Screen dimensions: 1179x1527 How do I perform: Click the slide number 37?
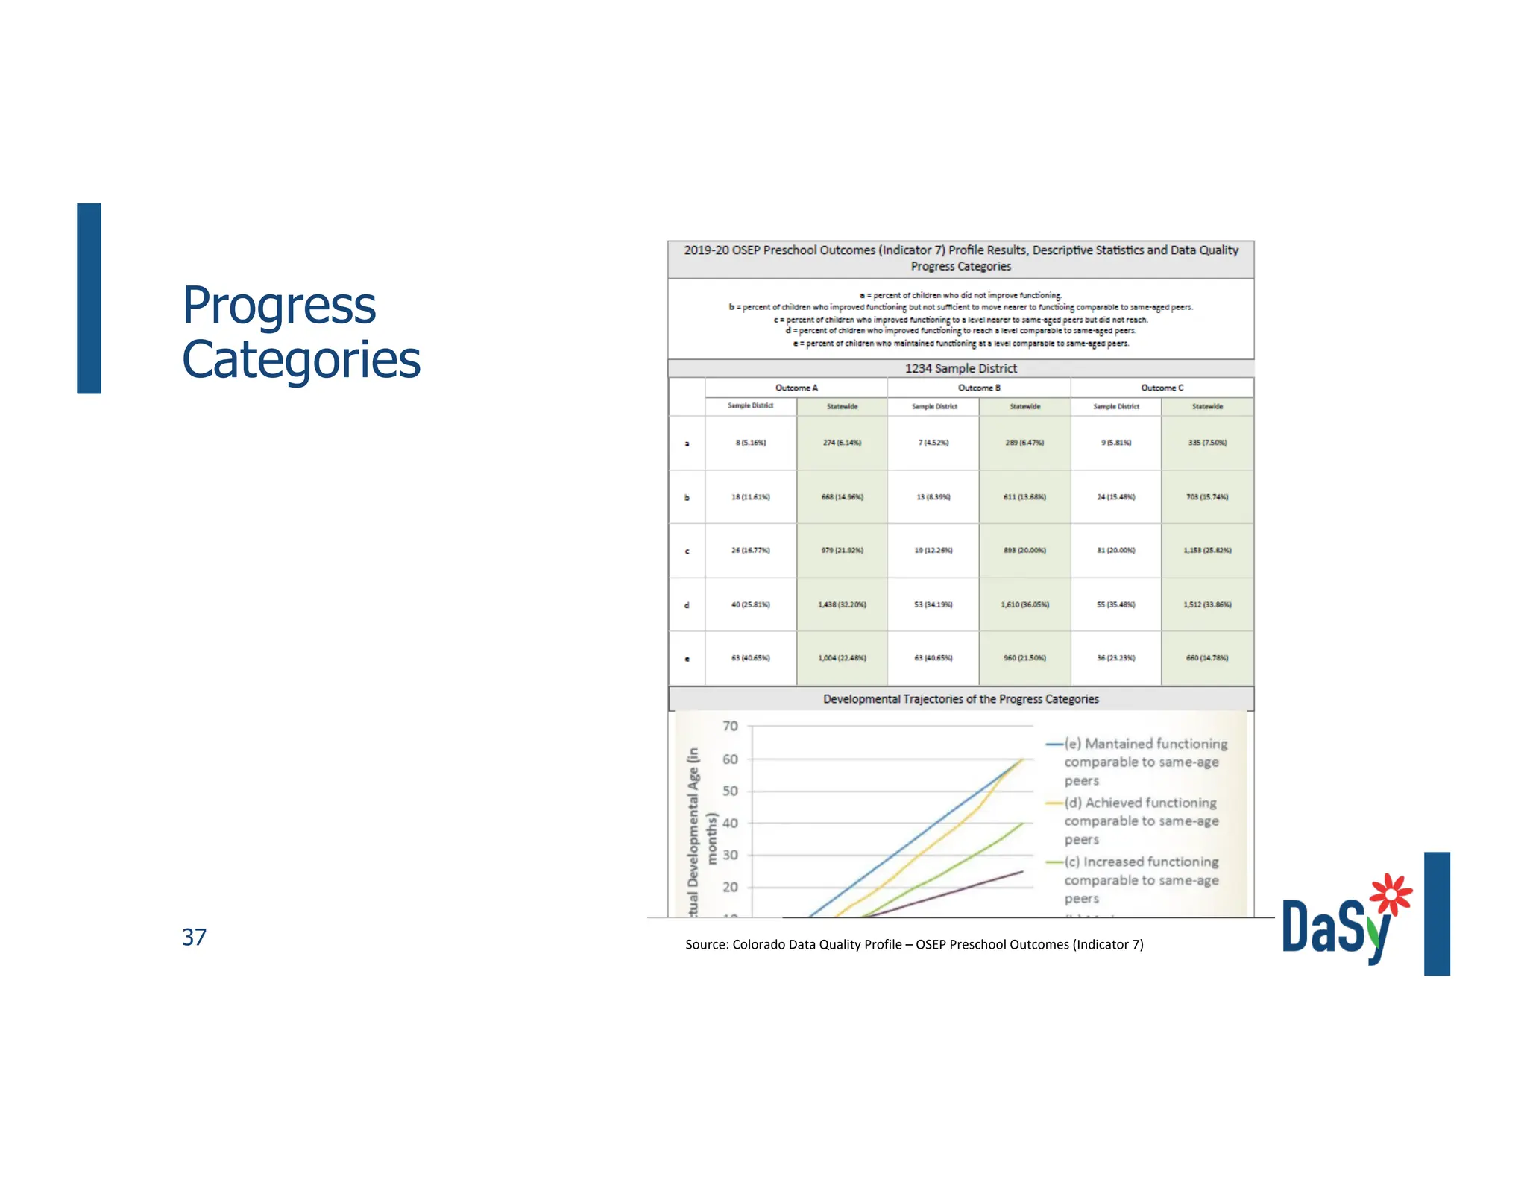point(194,937)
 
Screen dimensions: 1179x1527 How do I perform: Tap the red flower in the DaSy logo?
point(1390,894)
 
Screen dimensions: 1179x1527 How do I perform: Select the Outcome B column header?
point(978,388)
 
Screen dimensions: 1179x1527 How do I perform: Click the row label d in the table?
point(687,605)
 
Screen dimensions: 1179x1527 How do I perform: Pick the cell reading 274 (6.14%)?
point(842,443)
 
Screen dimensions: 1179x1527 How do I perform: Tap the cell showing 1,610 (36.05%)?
point(1024,604)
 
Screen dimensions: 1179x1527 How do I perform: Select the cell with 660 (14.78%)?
point(1206,658)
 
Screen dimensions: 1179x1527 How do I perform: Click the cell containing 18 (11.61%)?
point(750,496)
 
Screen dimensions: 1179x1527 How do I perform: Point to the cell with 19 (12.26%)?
point(933,551)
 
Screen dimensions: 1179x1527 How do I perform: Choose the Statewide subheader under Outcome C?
point(1206,407)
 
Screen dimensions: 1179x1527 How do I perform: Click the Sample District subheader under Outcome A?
point(750,406)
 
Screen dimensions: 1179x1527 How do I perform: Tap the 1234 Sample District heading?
point(960,368)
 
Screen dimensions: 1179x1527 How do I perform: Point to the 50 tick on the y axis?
point(731,791)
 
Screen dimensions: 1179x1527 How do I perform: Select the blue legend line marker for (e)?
point(1054,744)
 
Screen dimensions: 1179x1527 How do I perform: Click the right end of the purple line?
point(1021,871)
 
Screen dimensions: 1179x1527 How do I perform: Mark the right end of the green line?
point(1023,824)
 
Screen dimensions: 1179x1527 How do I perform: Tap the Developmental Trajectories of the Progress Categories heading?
point(960,699)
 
